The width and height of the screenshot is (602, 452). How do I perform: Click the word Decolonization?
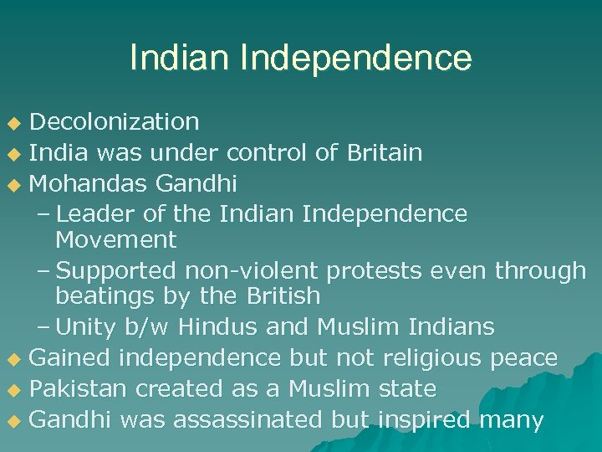point(115,122)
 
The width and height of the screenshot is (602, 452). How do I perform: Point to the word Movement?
point(116,240)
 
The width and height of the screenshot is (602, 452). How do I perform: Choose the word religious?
point(433,358)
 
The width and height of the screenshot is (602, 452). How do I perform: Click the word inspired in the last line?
point(424,419)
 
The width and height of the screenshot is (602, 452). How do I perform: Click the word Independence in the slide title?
point(356,58)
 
